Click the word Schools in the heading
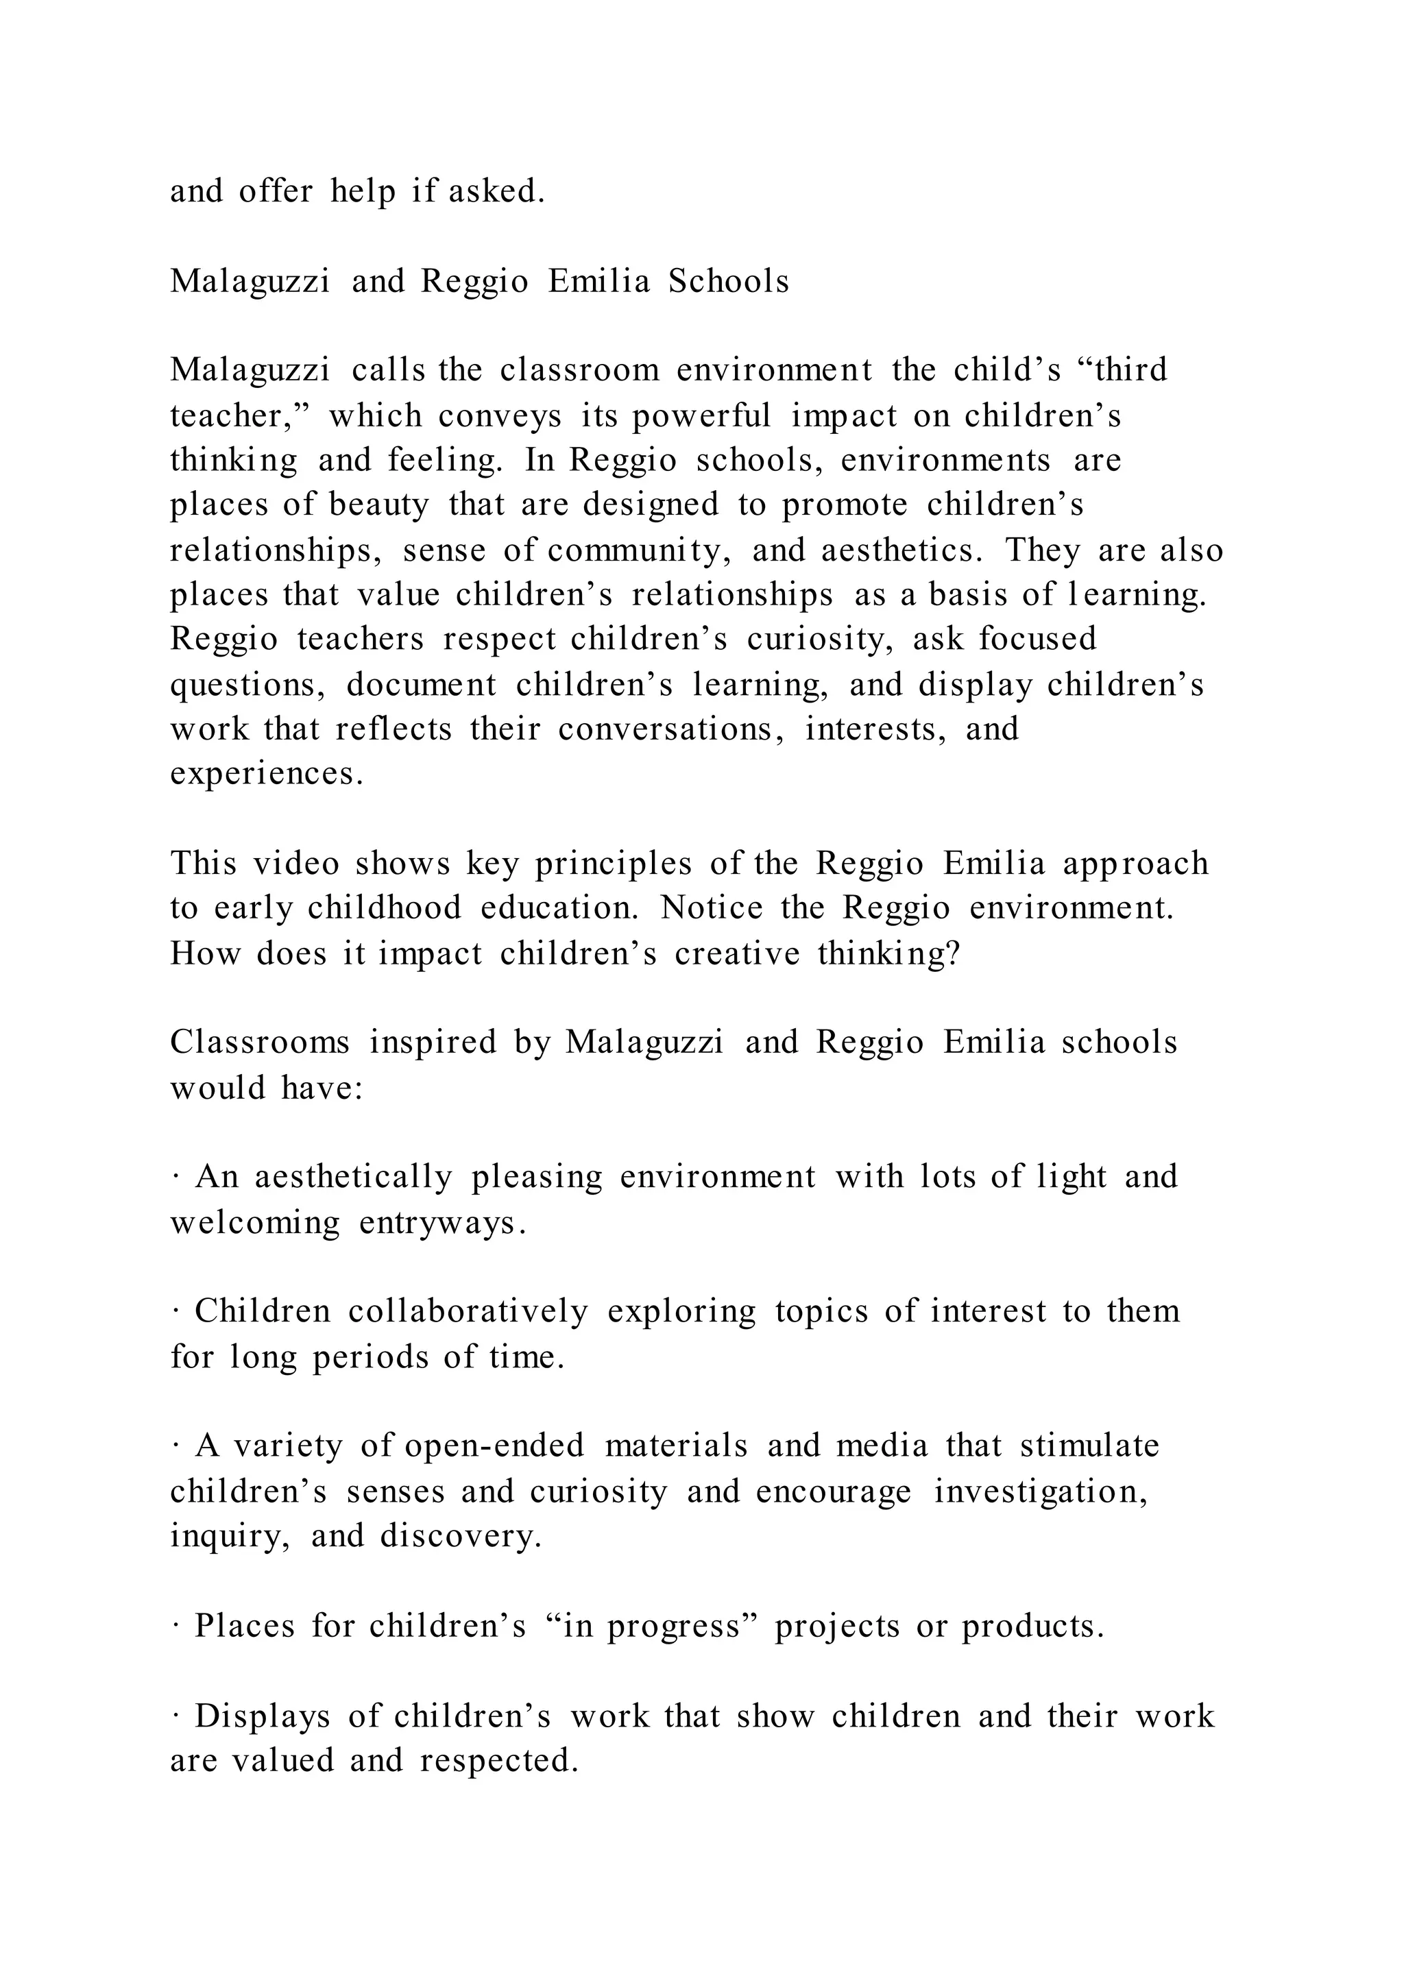(728, 282)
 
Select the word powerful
(701, 417)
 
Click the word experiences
(266, 774)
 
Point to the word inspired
(433, 1043)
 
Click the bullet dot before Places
(175, 1627)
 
